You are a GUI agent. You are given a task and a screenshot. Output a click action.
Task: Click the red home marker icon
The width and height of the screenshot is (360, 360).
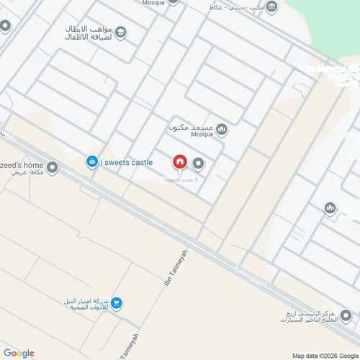(x=179, y=163)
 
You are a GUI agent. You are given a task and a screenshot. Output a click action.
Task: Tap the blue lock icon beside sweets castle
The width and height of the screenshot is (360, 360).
(x=92, y=162)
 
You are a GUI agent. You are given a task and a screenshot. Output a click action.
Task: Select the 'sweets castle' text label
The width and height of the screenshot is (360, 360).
(x=128, y=163)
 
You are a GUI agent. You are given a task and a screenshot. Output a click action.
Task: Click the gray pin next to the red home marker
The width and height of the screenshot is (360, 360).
(x=198, y=163)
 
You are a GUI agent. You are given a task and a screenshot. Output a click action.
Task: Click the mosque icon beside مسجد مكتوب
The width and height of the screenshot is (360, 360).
(x=222, y=130)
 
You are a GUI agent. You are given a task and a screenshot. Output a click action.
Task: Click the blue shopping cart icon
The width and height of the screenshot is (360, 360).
(x=117, y=304)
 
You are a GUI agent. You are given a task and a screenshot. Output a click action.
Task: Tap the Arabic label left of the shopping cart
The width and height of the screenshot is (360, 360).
(x=87, y=305)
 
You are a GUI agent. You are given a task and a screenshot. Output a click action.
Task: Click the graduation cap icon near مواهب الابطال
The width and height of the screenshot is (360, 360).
(x=120, y=31)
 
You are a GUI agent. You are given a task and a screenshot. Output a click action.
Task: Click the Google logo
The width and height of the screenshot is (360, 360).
(x=19, y=353)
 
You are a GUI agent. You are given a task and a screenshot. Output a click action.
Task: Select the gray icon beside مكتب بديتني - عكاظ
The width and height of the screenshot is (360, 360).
(x=271, y=7)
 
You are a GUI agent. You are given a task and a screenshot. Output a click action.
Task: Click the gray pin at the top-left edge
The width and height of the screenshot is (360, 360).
(x=4, y=26)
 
